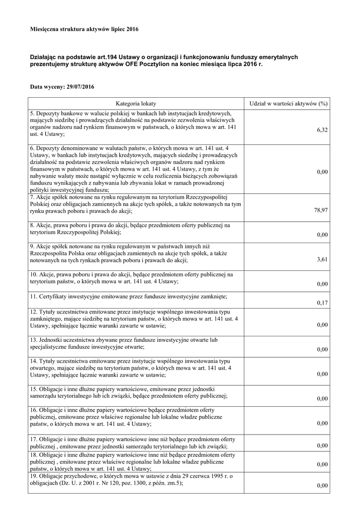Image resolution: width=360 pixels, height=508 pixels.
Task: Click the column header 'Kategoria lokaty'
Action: pyautogui.click(x=136, y=104)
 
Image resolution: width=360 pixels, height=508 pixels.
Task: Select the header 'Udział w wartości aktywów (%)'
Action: pyautogui.click(x=288, y=104)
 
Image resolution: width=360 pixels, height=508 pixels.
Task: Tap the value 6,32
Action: pyautogui.click(x=322, y=130)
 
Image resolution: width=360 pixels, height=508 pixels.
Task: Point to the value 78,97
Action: pyautogui.click(x=321, y=210)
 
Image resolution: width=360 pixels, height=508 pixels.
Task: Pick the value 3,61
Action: pyautogui.click(x=322, y=259)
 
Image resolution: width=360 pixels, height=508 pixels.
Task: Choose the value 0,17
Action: pyautogui.click(x=322, y=303)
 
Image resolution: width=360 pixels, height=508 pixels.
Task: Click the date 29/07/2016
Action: pyautogui.click(x=80, y=87)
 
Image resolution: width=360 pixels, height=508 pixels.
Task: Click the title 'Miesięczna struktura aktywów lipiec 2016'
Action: pyautogui.click(x=84, y=30)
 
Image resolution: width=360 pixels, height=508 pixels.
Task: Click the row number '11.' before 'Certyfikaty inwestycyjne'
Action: pyautogui.click(x=34, y=296)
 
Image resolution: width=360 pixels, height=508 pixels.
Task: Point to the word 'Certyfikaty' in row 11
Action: pyautogui.click(x=56, y=296)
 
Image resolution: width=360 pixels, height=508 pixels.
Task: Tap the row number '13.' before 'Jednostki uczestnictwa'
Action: pyautogui.click(x=34, y=340)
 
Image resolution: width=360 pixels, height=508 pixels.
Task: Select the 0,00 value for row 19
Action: pyautogui.click(x=322, y=486)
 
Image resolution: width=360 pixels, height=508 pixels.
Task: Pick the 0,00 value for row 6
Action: pyautogui.click(x=322, y=172)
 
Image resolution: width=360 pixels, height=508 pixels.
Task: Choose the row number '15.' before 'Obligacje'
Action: pyautogui.click(x=34, y=388)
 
